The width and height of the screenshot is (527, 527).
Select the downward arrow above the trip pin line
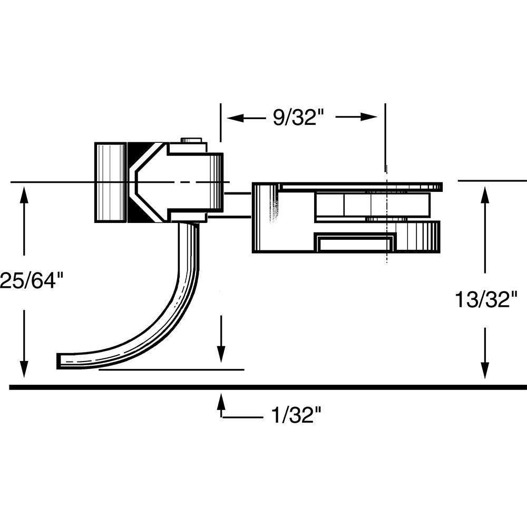[x=221, y=353]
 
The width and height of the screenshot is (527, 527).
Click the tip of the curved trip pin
[x=60, y=360]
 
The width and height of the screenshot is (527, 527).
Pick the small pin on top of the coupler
[x=192, y=140]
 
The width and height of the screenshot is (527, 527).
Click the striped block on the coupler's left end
[x=110, y=182]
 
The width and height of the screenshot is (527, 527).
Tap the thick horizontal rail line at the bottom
[x=263, y=387]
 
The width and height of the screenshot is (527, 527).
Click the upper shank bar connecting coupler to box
[x=238, y=194]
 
